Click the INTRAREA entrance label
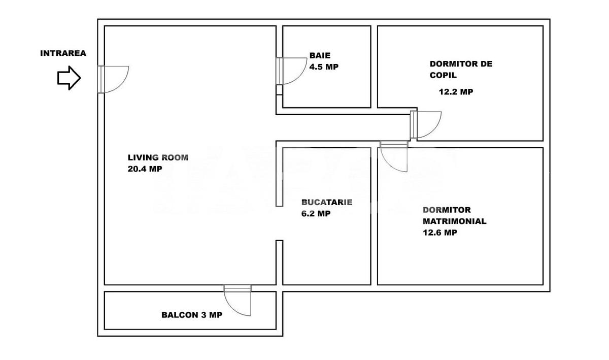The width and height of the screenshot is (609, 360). click(x=63, y=53)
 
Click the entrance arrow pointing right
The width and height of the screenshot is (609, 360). click(x=69, y=78)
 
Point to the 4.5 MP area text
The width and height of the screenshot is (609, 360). click(x=324, y=67)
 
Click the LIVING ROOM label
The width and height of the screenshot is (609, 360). click(x=158, y=157)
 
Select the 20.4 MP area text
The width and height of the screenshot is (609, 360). click(x=145, y=169)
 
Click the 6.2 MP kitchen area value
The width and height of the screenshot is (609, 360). click(x=316, y=214)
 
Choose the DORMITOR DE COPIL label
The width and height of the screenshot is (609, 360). click(x=460, y=70)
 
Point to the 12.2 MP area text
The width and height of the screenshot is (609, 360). click(x=456, y=92)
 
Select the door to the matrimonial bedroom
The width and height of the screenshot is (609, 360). click(x=394, y=155)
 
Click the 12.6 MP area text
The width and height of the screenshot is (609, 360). click(x=439, y=233)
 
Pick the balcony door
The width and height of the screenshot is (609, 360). click(x=238, y=300)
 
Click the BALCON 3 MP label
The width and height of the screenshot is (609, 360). click(x=191, y=315)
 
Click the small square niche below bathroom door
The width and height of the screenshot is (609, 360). click(x=279, y=90)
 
